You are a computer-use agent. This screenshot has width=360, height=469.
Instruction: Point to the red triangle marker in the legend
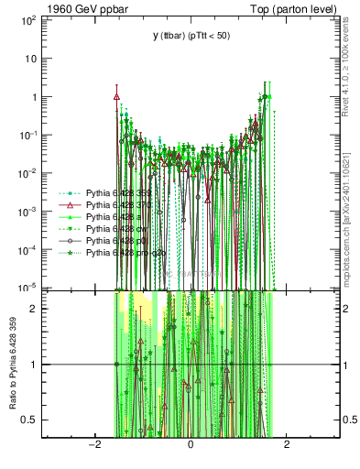[x=72, y=206]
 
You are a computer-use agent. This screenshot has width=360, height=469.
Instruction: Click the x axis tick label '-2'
[x=93, y=445]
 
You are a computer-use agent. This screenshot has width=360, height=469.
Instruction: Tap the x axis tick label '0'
[x=191, y=445]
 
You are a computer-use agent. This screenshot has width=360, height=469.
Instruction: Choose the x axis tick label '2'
[x=288, y=445]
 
